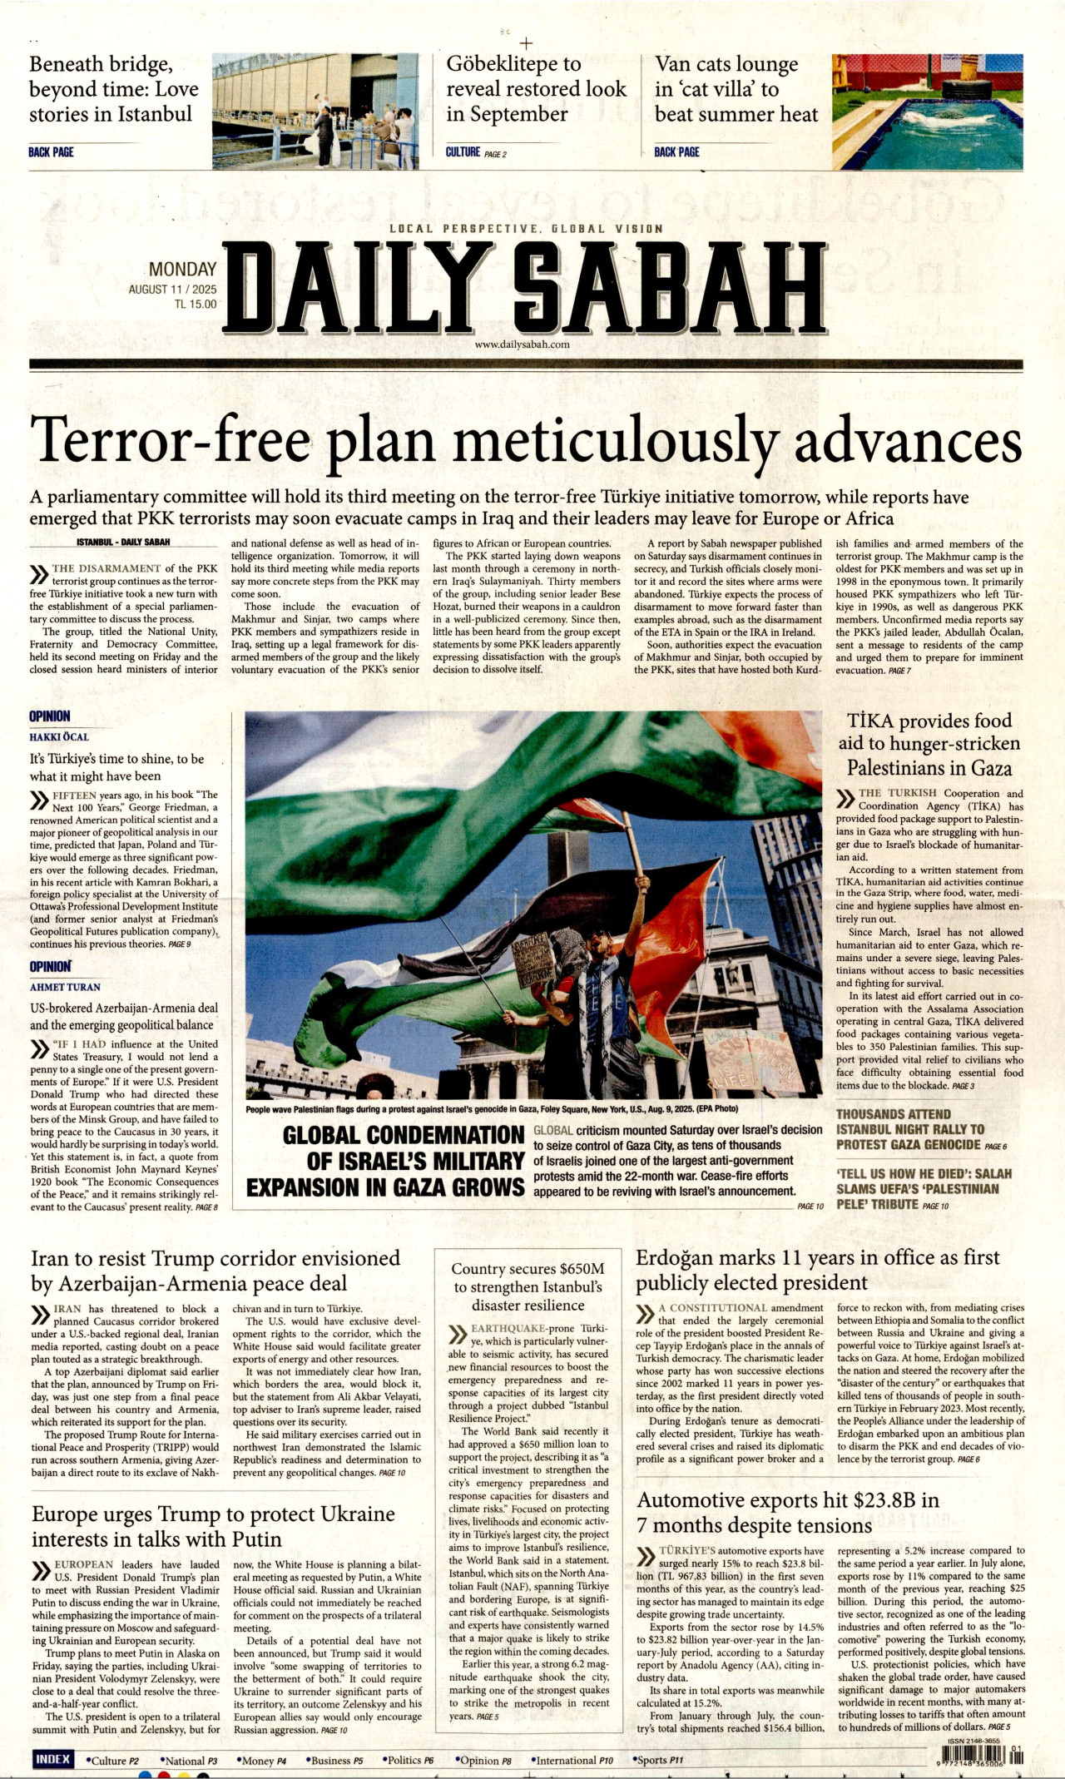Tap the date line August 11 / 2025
tap(172, 290)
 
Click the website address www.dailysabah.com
tap(523, 344)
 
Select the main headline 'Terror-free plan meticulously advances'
tap(526, 440)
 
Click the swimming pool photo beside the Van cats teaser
tap(927, 111)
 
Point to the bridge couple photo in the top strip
tap(315, 111)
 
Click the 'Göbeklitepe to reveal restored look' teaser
tap(536, 88)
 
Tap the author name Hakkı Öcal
tap(59, 736)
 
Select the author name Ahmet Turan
tap(65, 987)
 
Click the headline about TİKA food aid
tap(929, 744)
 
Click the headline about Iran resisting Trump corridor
tap(215, 1271)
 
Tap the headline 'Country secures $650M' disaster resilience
tap(528, 1286)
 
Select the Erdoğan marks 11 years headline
tap(818, 1270)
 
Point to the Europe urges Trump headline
tap(213, 1526)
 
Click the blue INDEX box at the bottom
tap(52, 1759)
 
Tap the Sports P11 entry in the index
tap(657, 1761)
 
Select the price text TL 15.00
tap(196, 305)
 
